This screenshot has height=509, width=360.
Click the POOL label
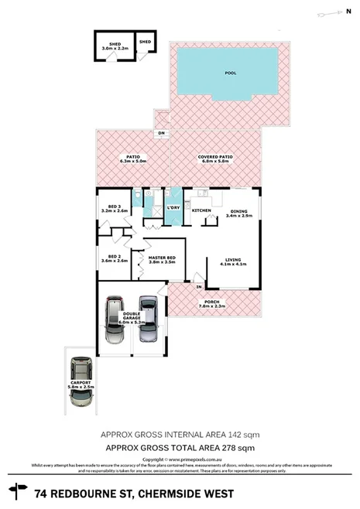pyautogui.click(x=230, y=73)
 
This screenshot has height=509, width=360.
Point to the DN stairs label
pyautogui.click(x=162, y=134)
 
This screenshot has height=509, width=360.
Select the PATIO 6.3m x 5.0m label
pyautogui.click(x=132, y=159)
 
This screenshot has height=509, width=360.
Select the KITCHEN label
pyautogui.click(x=201, y=210)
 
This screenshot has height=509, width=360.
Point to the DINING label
pyautogui.click(x=238, y=212)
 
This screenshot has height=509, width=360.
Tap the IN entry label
pyautogui.click(x=198, y=287)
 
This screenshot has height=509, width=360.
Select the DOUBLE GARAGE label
pyautogui.click(x=129, y=318)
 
